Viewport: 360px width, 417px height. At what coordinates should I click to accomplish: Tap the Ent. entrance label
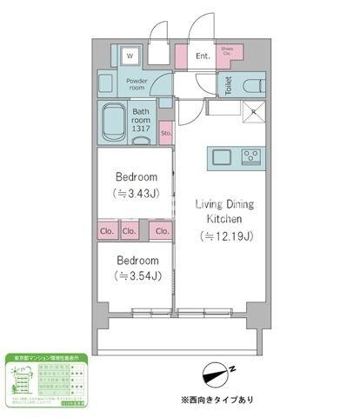tap(203, 57)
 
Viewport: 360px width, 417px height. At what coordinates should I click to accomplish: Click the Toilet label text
tap(228, 85)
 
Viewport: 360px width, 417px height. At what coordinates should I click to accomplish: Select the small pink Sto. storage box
tap(165, 131)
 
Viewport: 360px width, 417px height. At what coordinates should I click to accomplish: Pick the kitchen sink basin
tap(219, 157)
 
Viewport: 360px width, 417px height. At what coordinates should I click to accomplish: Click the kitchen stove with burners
tap(251, 157)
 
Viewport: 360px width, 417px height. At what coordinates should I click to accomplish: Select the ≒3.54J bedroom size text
tap(137, 277)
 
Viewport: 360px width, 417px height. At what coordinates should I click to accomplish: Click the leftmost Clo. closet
tap(107, 231)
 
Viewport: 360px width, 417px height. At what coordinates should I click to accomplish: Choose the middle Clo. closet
tap(130, 231)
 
